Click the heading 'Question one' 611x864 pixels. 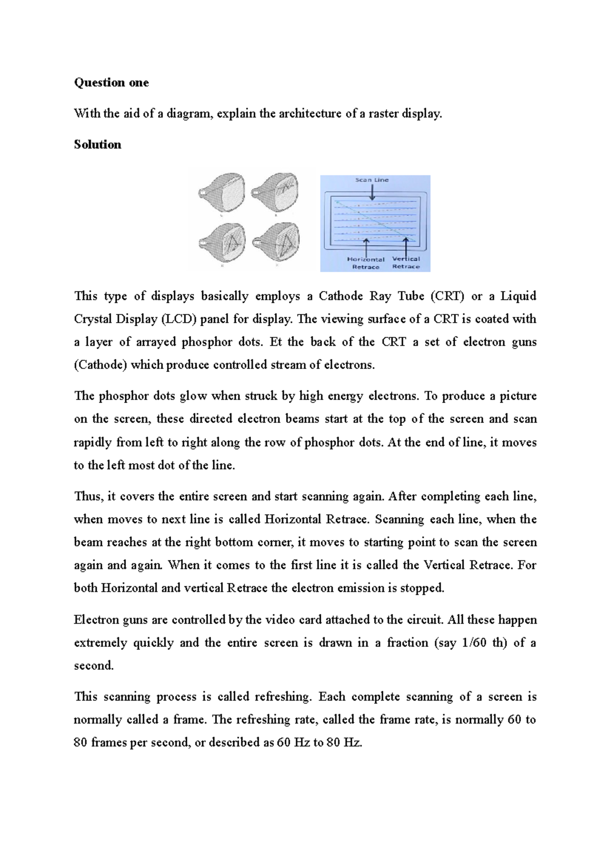[x=111, y=82]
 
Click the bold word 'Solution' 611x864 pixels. [x=97, y=145]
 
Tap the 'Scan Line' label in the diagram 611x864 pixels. [x=372, y=180]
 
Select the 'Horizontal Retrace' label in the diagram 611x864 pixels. [x=366, y=263]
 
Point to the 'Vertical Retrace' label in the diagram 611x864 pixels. [x=406, y=263]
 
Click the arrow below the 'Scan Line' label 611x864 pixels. [x=372, y=192]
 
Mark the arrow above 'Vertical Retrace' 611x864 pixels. [x=406, y=246]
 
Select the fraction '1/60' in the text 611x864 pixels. [x=474, y=643]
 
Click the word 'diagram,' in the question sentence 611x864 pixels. [x=189, y=113]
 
